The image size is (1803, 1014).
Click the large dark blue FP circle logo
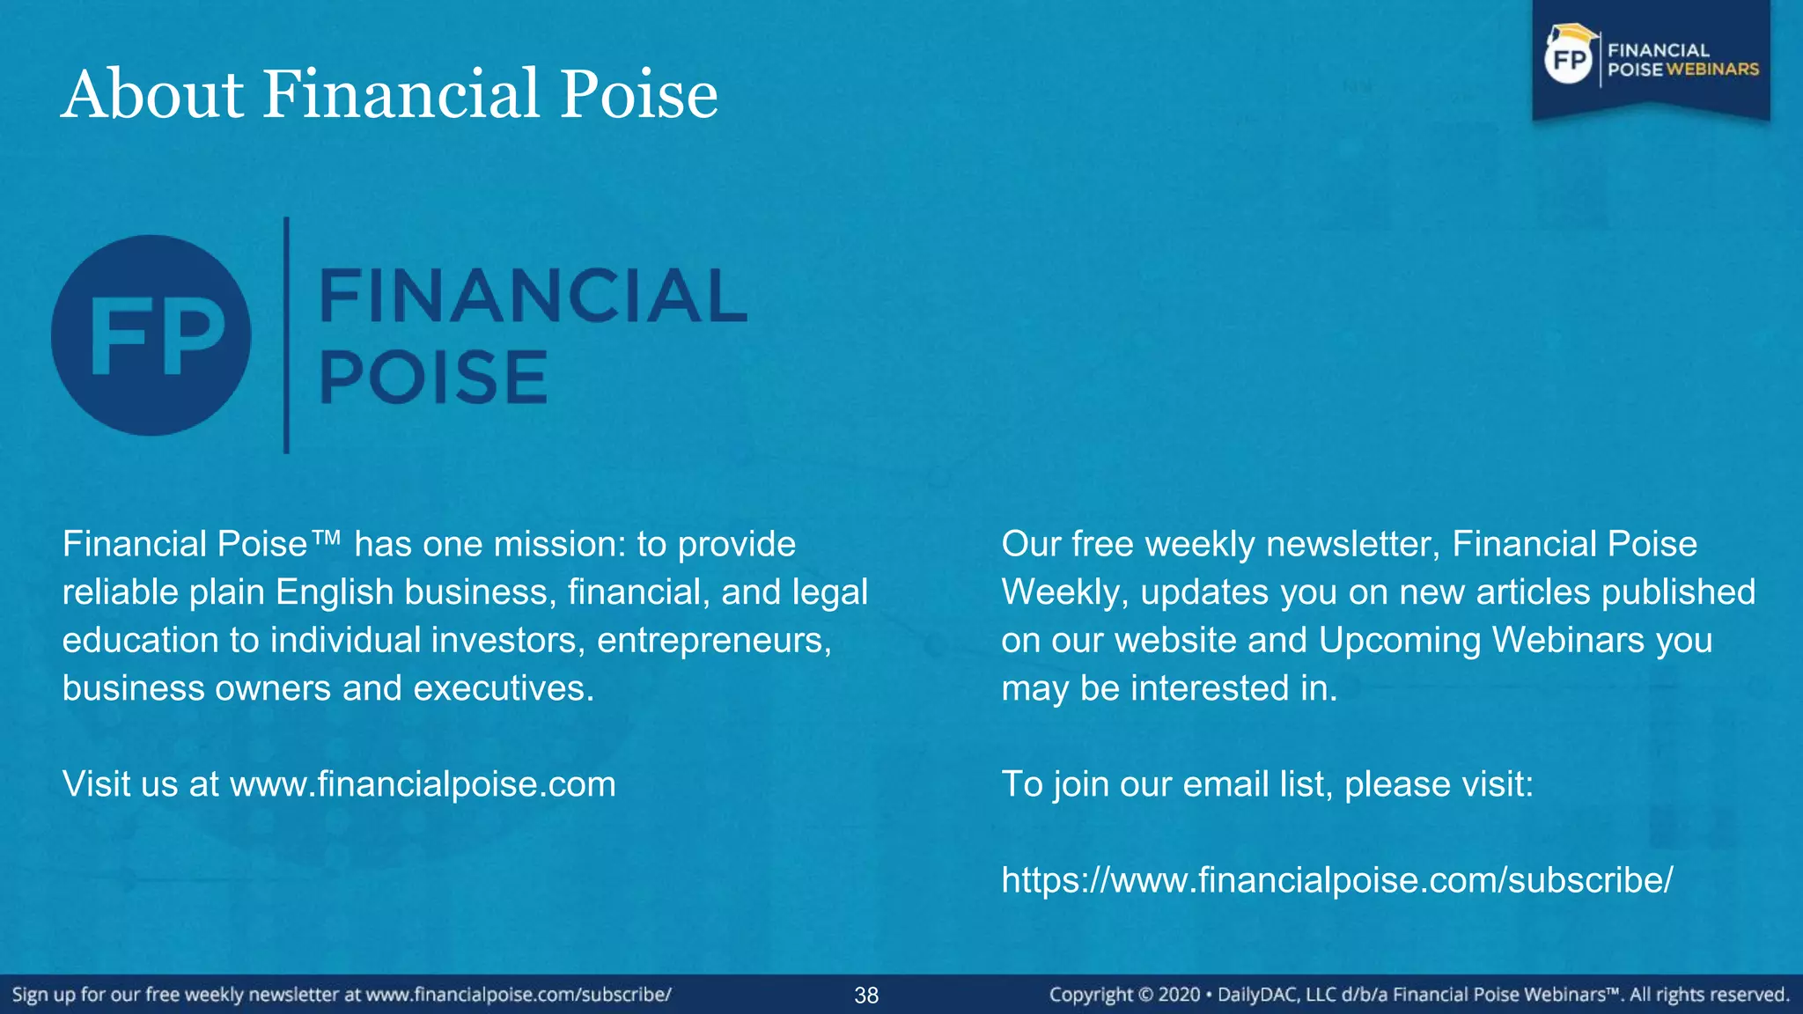coord(151,335)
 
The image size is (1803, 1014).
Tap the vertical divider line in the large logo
coord(286,335)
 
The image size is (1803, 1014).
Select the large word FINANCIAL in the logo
coord(532,296)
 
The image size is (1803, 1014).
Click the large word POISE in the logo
coord(433,378)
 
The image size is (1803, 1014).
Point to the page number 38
coord(866,996)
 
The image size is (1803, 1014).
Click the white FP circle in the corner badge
coord(1569,60)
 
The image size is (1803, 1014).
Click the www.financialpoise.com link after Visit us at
coord(423,784)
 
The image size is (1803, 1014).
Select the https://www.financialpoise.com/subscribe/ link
coord(1336,880)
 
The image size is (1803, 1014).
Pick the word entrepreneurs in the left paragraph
coord(714,641)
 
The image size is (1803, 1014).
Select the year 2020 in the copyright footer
coord(1179,996)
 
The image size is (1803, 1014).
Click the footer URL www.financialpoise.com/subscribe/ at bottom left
coord(519,996)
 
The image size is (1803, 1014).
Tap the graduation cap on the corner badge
coord(1574,33)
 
